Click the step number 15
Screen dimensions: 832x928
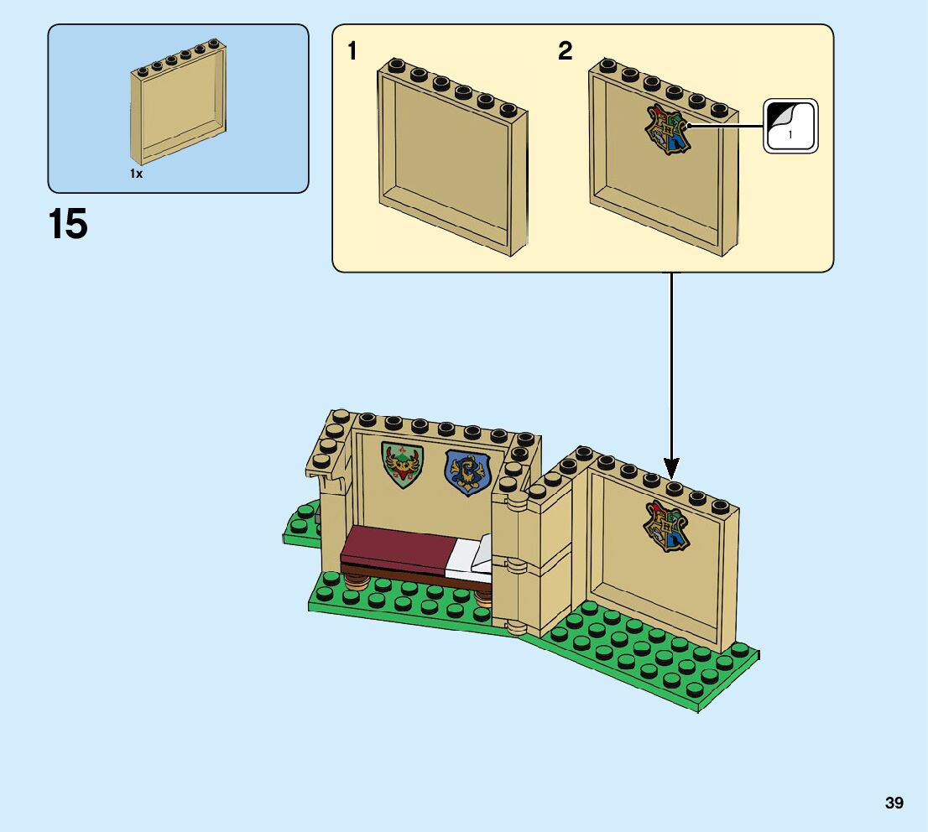click(x=68, y=225)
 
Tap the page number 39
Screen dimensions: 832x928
click(x=894, y=803)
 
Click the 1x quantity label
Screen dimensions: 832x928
click(x=136, y=174)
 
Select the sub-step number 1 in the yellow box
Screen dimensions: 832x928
click(x=352, y=52)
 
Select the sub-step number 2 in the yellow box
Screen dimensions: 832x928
click(x=565, y=52)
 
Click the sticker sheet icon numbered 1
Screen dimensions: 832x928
click(x=790, y=127)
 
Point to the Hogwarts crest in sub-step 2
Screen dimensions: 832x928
click(x=667, y=130)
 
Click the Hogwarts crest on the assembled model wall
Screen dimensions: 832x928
click(x=666, y=526)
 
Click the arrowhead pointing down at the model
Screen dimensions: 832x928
click(x=670, y=467)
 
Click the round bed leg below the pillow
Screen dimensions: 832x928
click(x=484, y=595)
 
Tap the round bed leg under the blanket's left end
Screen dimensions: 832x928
click(x=356, y=579)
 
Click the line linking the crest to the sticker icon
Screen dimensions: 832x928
click(x=726, y=127)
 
